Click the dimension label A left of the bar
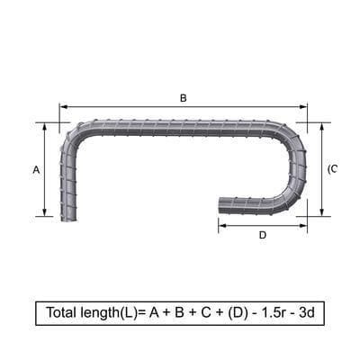36,169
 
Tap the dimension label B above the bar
184,97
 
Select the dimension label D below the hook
262,236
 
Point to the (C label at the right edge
332,169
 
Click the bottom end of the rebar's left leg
68,216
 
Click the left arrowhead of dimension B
63,106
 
